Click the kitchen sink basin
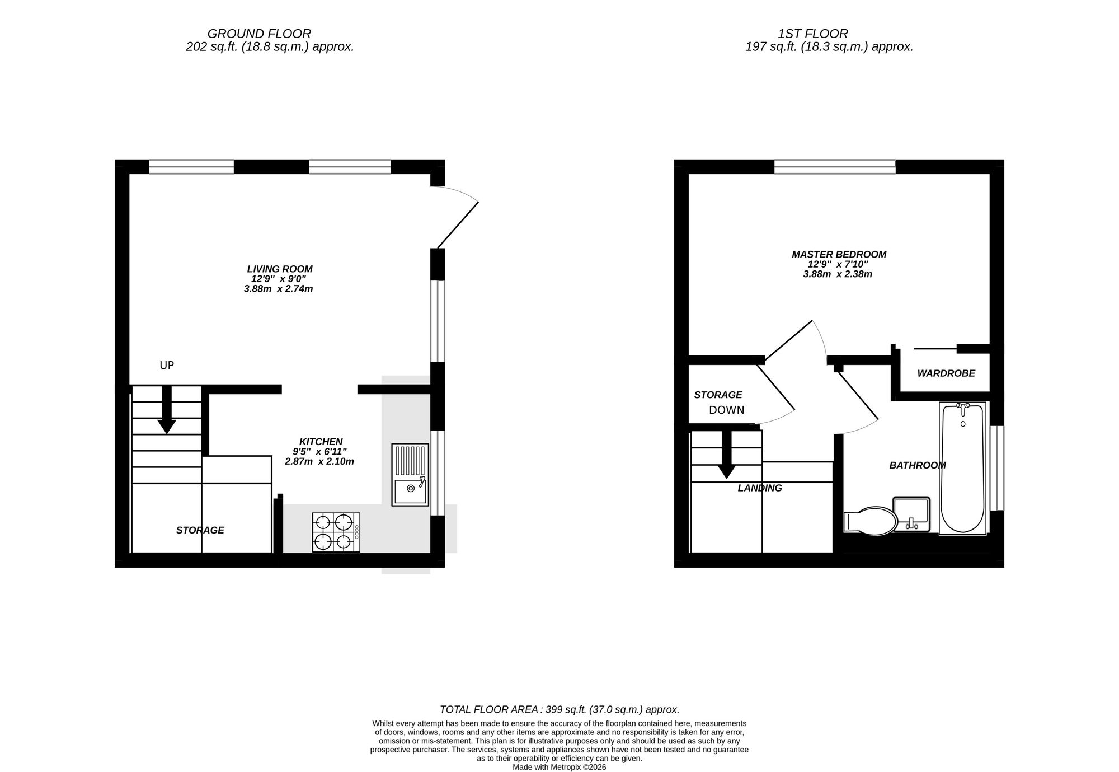tap(410, 490)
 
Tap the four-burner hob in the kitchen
tap(336, 532)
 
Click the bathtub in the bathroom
tap(962, 468)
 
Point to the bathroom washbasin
tap(911, 514)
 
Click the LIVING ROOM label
tap(279, 269)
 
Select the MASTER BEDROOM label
tap(839, 255)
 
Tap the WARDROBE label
tap(946, 373)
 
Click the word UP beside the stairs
tap(167, 366)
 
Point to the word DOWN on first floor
tap(726, 410)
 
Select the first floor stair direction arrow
tap(726, 456)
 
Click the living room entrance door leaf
tap(458, 225)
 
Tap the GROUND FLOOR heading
tap(259, 34)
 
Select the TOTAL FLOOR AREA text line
tap(559, 710)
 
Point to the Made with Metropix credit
tap(559, 768)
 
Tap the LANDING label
tap(759, 488)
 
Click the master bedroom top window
tap(835, 166)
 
